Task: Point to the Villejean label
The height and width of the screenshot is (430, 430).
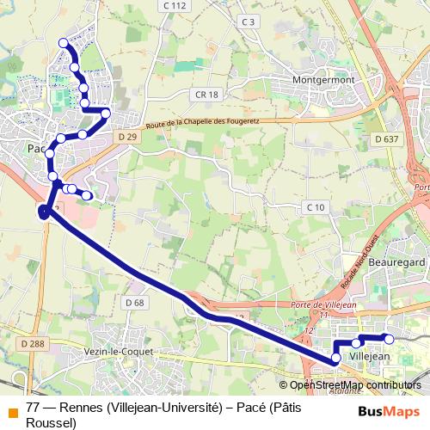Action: tap(372, 355)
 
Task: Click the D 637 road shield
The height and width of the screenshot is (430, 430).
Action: tap(387, 139)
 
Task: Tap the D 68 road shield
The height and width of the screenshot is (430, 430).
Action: tap(134, 303)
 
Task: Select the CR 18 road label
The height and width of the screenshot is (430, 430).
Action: tap(207, 95)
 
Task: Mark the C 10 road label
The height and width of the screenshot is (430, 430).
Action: tap(316, 207)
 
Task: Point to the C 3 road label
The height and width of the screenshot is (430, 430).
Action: tap(249, 21)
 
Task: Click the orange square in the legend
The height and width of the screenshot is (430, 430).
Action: tap(10, 408)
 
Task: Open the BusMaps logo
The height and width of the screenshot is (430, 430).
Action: tap(389, 411)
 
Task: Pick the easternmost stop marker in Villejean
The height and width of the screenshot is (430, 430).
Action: tap(388, 338)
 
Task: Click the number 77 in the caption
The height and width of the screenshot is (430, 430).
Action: tap(33, 407)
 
